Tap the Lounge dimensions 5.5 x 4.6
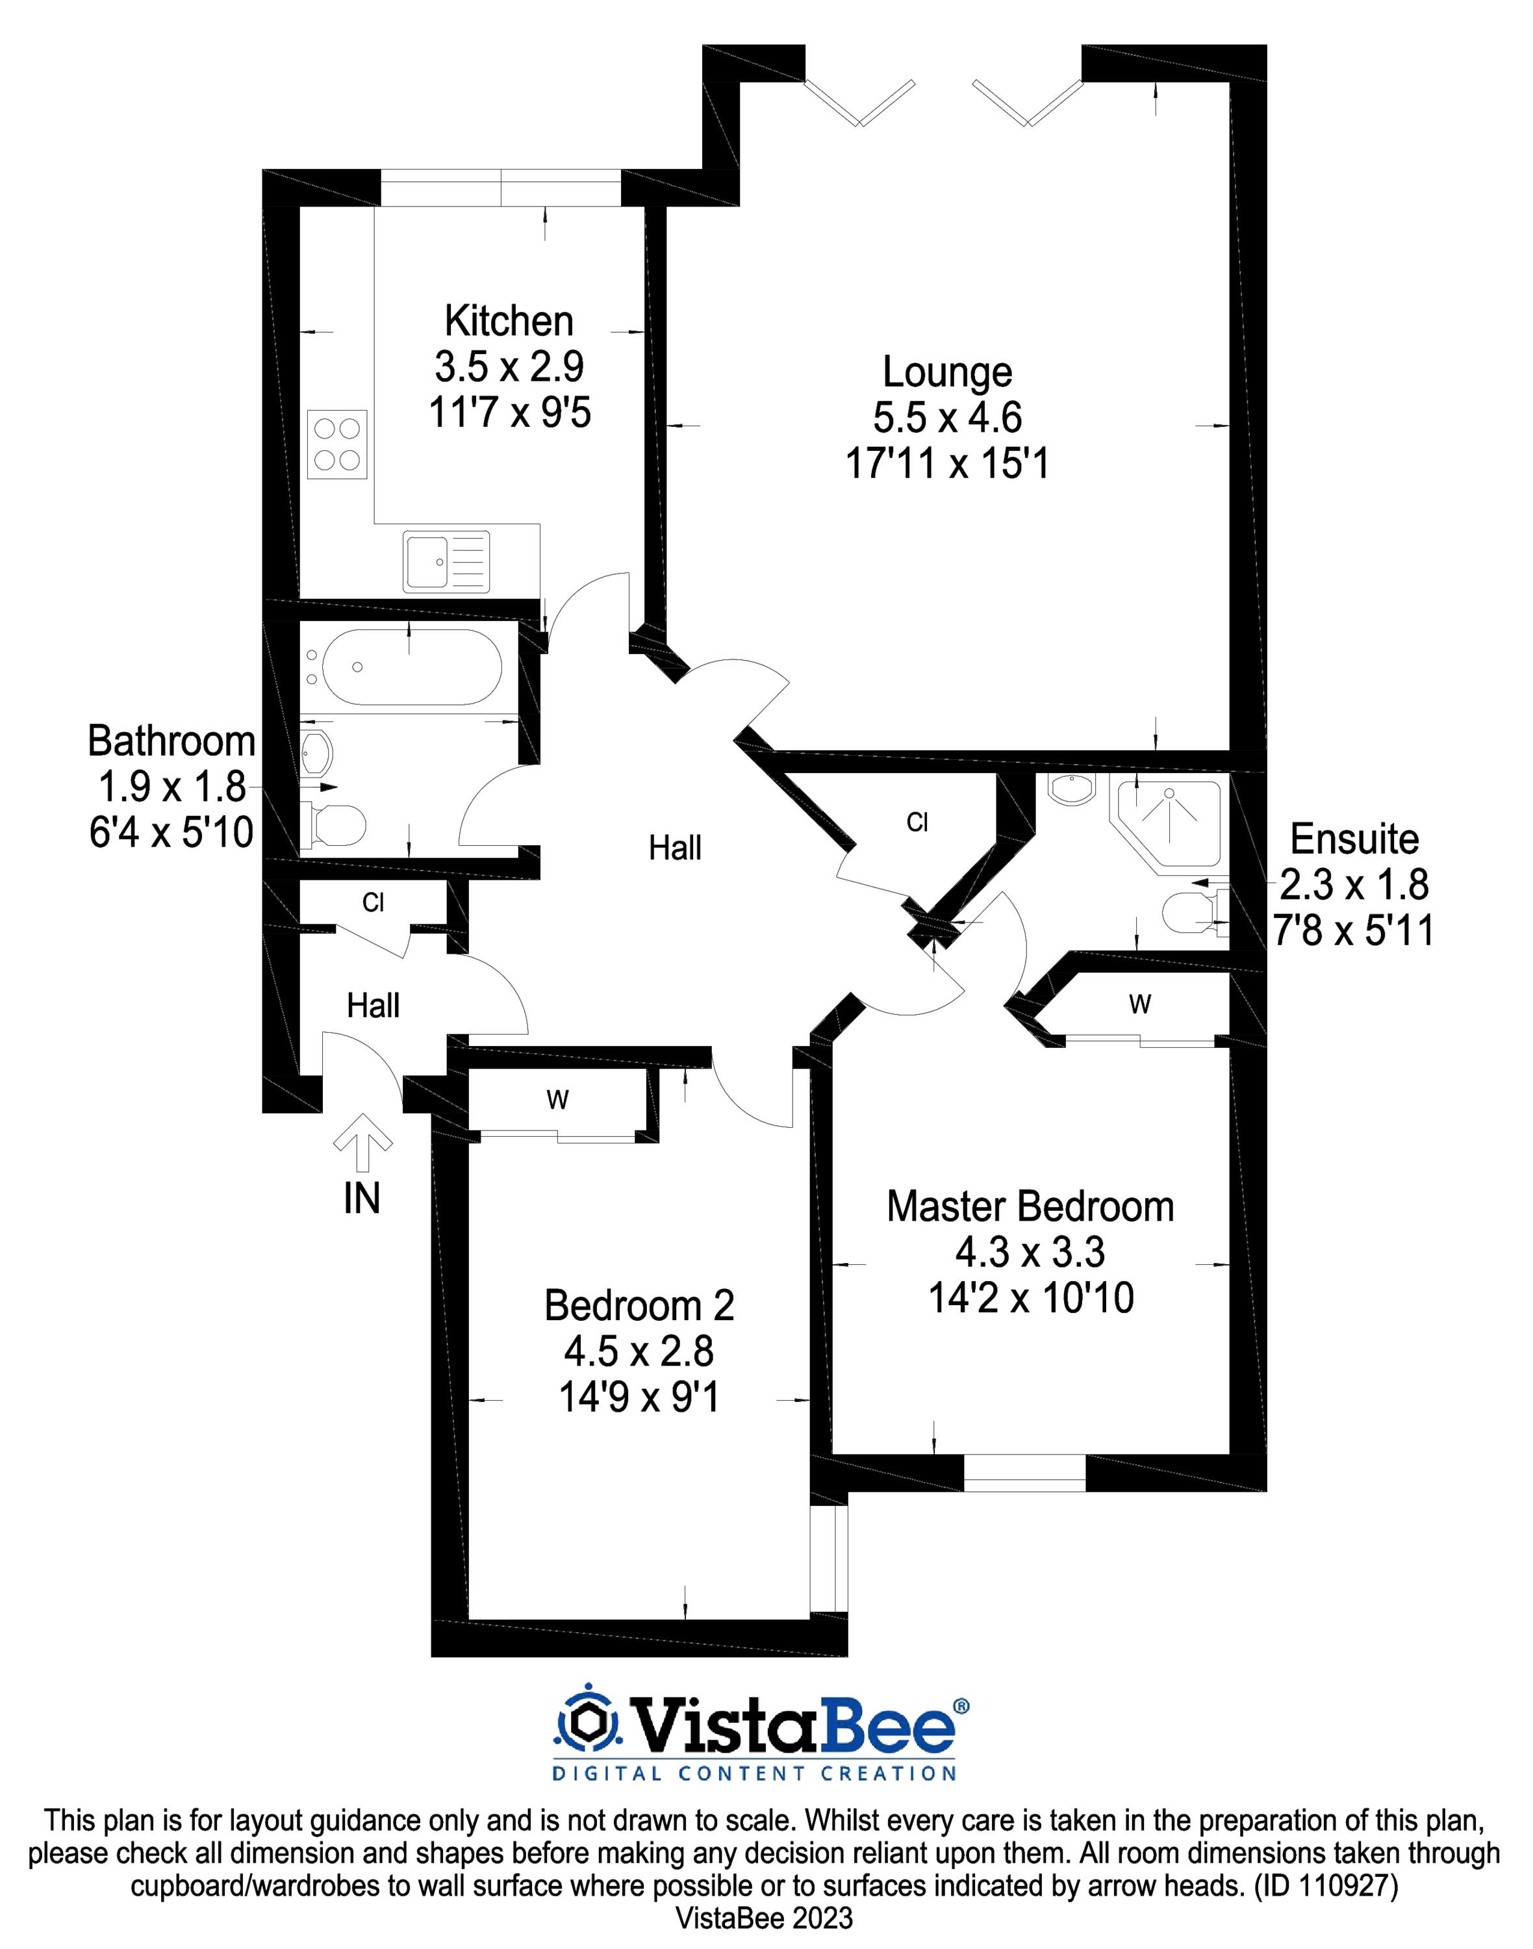pos(947,418)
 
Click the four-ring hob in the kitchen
pos(336,444)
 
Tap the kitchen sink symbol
pos(446,562)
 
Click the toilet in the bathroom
pos(334,825)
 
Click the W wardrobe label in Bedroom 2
pos(557,1101)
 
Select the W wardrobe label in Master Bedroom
pos(1140,1004)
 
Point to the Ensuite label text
pos(1354,839)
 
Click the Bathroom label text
pos(171,741)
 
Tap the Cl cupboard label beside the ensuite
pos(917,822)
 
